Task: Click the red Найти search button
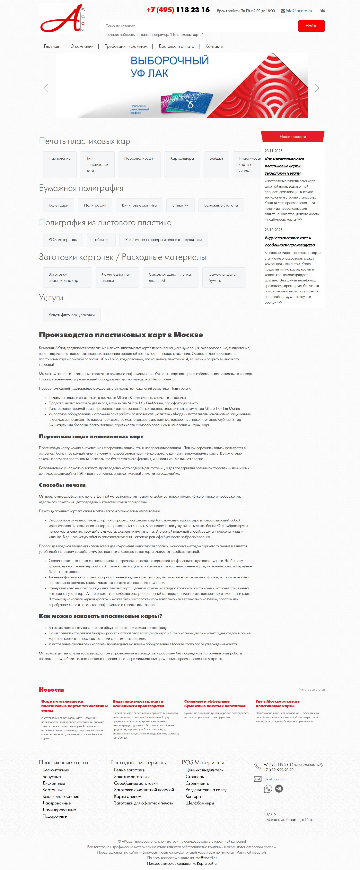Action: click(x=311, y=26)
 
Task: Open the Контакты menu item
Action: click(x=214, y=47)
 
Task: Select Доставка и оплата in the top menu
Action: click(x=176, y=47)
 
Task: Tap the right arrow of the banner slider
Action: click(x=317, y=88)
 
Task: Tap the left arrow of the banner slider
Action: click(x=47, y=88)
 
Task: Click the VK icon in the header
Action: click(x=322, y=11)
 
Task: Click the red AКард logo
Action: click(x=62, y=19)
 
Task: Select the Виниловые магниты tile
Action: click(x=139, y=205)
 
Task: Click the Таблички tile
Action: click(x=101, y=240)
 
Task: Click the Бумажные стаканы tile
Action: click(x=221, y=205)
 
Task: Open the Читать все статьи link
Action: click(x=312, y=690)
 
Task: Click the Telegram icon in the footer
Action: click(x=279, y=789)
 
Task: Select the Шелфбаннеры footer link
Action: click(x=200, y=803)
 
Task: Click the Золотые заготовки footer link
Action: click(x=132, y=777)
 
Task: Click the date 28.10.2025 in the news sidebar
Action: click(x=273, y=230)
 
